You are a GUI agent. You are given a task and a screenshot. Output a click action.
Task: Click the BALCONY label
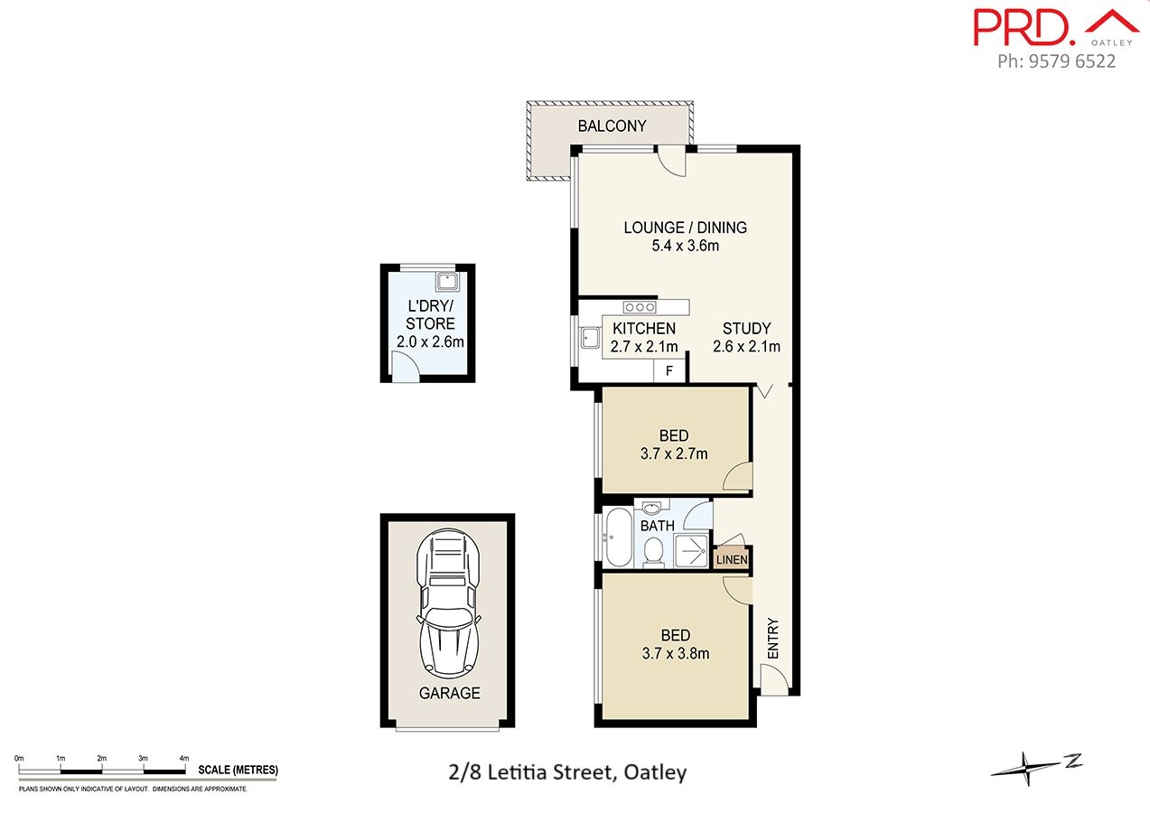(612, 126)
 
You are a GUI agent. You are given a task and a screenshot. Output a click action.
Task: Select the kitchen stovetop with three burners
(639, 307)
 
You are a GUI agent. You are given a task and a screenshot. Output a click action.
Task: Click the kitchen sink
(591, 338)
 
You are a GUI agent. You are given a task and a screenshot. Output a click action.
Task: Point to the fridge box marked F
(669, 370)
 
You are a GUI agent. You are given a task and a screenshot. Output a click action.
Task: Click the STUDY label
(746, 329)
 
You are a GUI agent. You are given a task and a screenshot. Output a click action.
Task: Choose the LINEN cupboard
(732, 560)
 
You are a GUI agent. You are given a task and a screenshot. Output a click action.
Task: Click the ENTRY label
(772, 639)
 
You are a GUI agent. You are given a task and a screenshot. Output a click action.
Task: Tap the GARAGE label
(449, 694)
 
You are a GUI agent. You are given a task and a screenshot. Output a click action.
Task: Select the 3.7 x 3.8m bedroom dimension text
(675, 653)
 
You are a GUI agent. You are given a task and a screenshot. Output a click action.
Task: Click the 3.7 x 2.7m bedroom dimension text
(674, 454)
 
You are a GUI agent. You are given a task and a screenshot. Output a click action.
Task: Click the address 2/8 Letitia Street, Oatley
(567, 772)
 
